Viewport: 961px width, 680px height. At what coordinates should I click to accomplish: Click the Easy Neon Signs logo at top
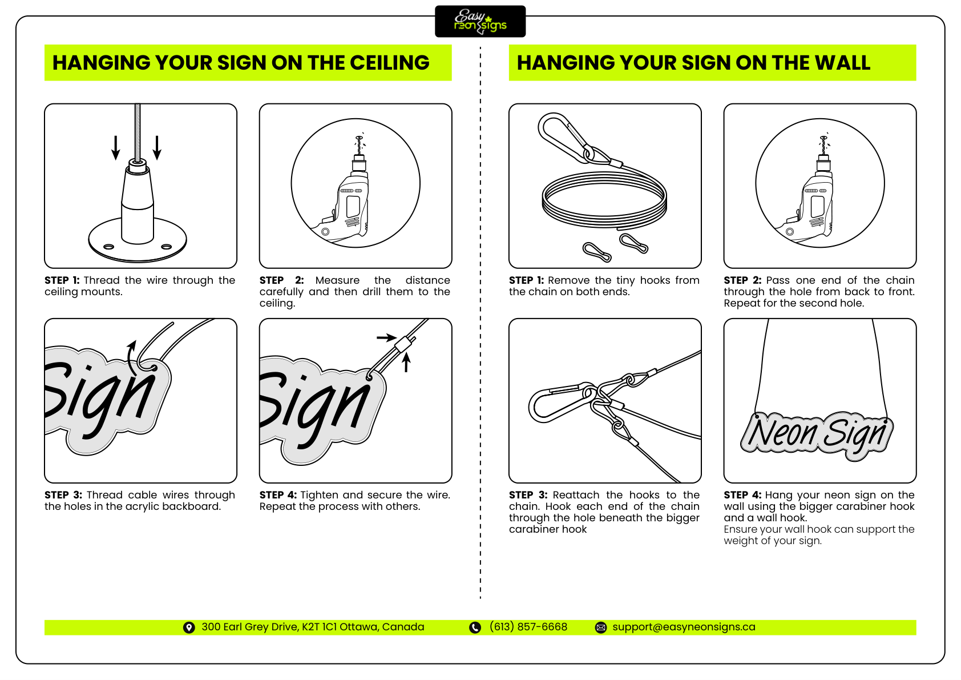[480, 22]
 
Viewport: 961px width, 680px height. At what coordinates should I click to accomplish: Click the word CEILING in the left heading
[389, 63]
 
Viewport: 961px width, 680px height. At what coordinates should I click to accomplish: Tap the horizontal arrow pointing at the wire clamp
[386, 337]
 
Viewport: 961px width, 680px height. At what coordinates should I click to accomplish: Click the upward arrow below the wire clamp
[406, 363]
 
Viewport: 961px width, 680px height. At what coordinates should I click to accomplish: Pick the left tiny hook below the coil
[597, 251]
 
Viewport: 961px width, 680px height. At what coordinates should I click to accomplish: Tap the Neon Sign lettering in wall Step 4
[817, 434]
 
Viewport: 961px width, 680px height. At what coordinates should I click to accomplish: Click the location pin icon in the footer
[189, 627]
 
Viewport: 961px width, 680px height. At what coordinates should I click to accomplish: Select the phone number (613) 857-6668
[528, 627]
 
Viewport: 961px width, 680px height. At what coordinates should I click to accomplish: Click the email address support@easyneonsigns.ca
[684, 627]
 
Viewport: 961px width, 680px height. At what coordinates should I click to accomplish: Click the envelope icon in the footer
[601, 627]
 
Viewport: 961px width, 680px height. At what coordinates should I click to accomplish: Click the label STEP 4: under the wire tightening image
[278, 495]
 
